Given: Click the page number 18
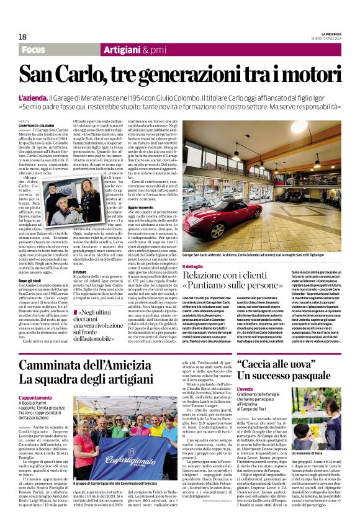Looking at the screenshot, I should pyautogui.click(x=22, y=37).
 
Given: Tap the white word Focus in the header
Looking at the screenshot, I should pyautogui.click(x=32, y=50).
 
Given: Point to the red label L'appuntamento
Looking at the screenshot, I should pyautogui.click(x=36, y=397).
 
